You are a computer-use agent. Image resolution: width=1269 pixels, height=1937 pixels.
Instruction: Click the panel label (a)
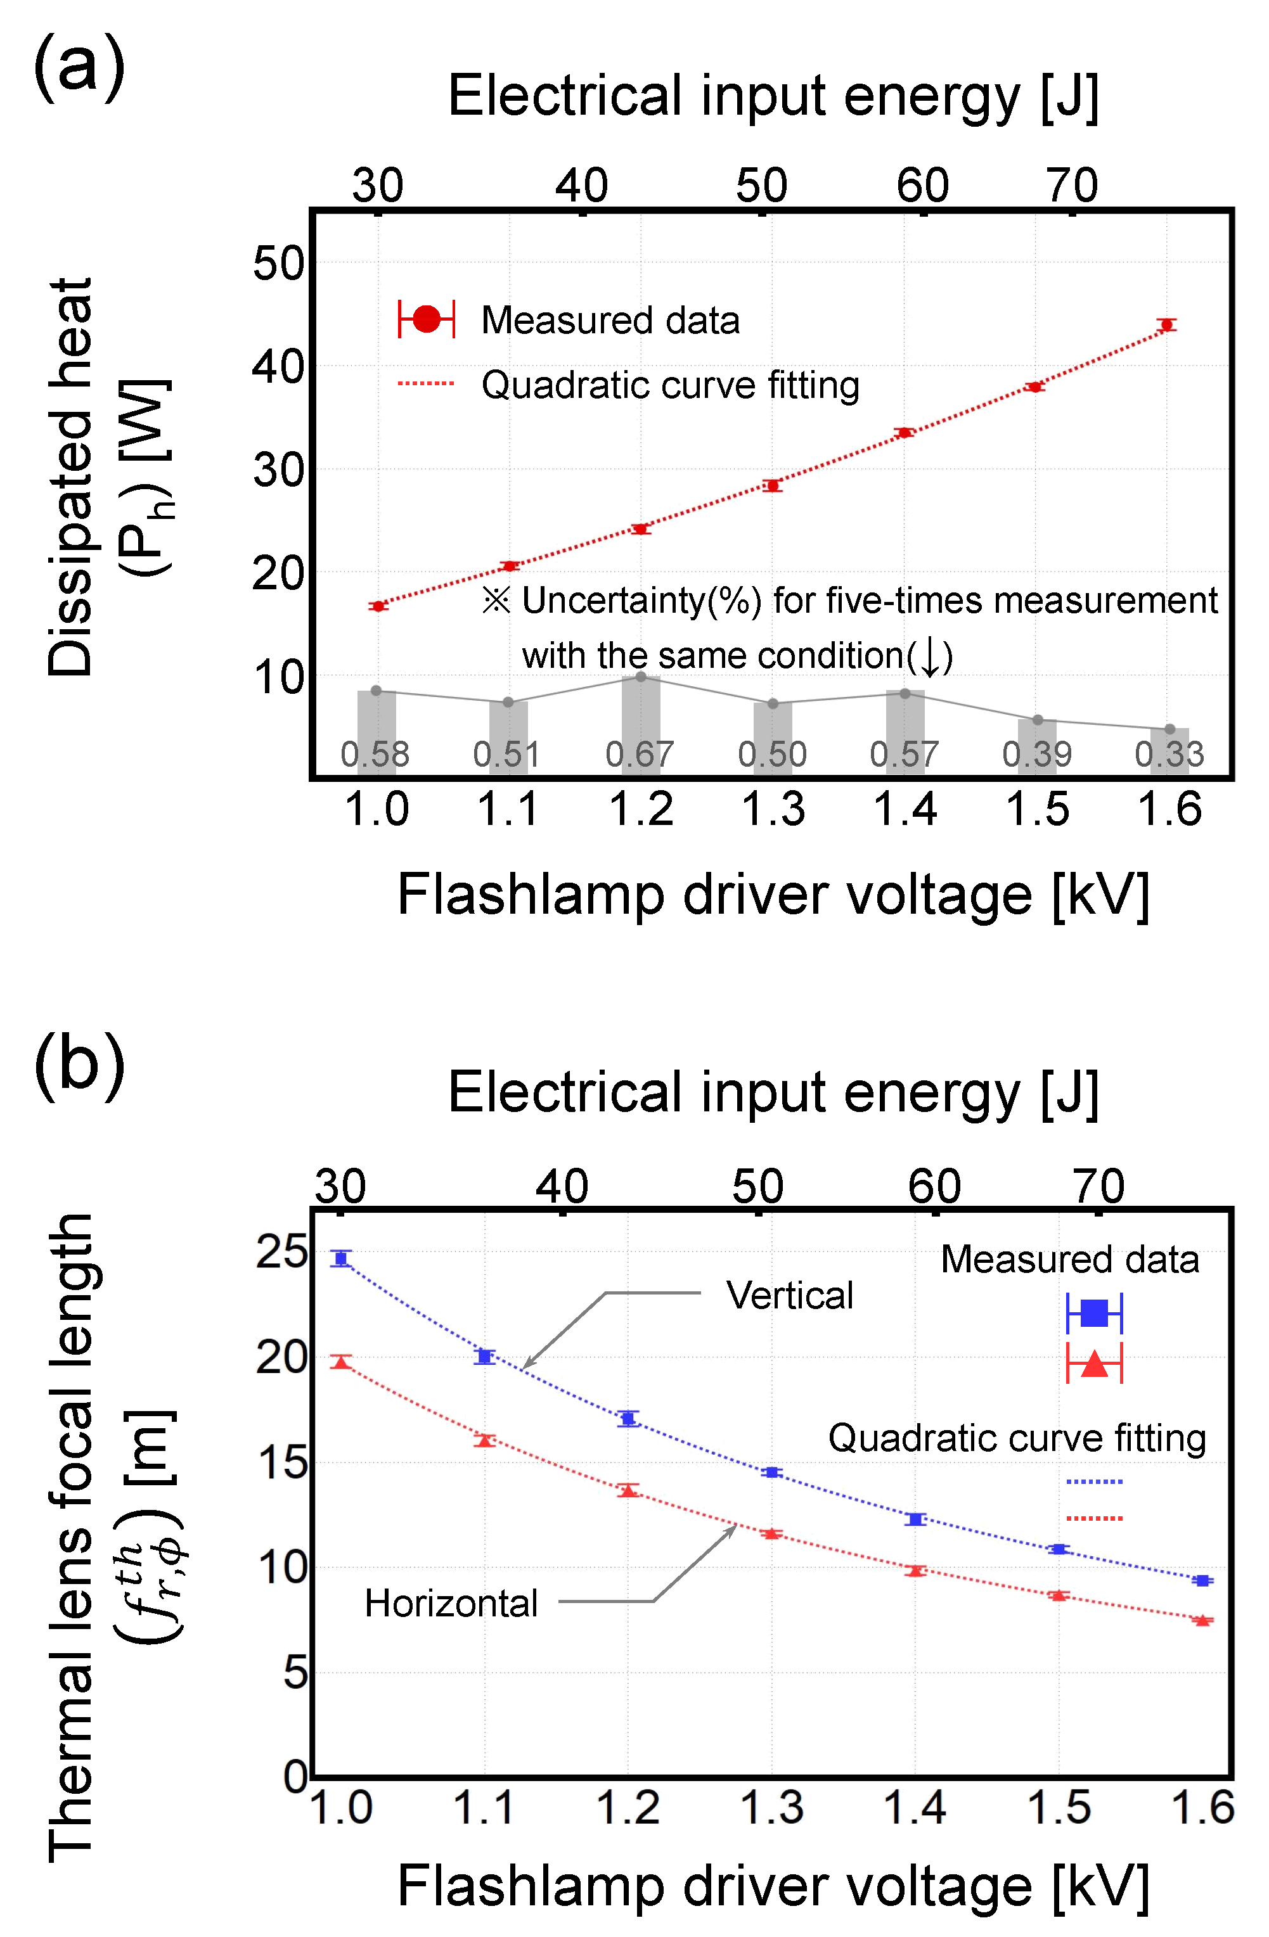click(x=79, y=67)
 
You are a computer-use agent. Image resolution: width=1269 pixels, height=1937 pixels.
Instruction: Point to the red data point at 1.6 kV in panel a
click(x=1166, y=324)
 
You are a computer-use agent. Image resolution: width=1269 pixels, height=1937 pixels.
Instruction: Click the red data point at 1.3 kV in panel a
click(x=773, y=485)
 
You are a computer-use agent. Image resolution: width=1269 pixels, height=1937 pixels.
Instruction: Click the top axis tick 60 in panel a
click(x=922, y=186)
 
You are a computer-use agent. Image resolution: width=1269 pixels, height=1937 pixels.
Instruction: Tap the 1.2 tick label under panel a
click(x=641, y=809)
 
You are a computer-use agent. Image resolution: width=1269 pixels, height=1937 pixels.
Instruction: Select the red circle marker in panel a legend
click(x=427, y=319)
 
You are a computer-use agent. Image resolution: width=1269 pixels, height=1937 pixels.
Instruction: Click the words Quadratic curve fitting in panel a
click(x=670, y=385)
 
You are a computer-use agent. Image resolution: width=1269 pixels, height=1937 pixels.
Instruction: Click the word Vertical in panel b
click(x=790, y=1295)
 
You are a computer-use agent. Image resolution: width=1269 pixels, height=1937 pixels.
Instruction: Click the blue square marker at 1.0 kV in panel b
click(x=341, y=1258)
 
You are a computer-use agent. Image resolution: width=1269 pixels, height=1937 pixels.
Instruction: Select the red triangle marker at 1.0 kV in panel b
click(x=341, y=1362)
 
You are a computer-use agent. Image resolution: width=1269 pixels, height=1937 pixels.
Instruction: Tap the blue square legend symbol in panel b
click(x=1094, y=1313)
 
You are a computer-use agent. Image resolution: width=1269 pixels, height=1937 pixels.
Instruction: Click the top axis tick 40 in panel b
click(x=562, y=1187)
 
